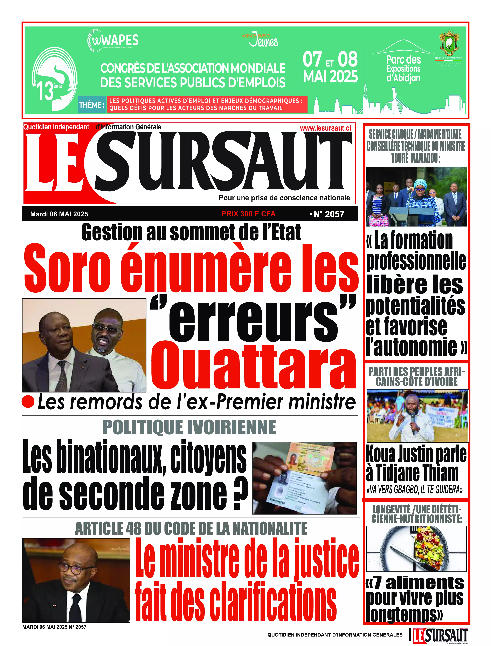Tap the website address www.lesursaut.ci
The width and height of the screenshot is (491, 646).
pos(325,128)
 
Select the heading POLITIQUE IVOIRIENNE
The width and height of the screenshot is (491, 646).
pos(189,427)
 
